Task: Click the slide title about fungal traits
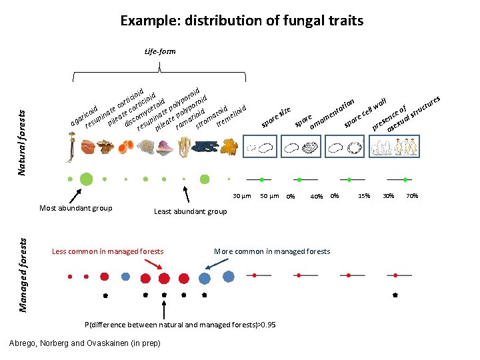(241, 21)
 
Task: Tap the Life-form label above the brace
(160, 51)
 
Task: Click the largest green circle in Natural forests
(86, 179)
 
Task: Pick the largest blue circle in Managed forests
(229, 275)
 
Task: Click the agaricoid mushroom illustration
(70, 147)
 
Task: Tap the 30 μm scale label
(241, 195)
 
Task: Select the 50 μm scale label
(269, 195)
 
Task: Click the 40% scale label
(317, 196)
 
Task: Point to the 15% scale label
(365, 196)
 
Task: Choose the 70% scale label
(412, 196)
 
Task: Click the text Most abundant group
(76, 208)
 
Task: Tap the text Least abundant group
(190, 211)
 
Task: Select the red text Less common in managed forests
(107, 251)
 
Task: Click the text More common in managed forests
(271, 251)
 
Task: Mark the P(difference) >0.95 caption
(179, 325)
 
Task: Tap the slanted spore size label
(276, 118)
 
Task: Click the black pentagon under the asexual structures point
(395, 294)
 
